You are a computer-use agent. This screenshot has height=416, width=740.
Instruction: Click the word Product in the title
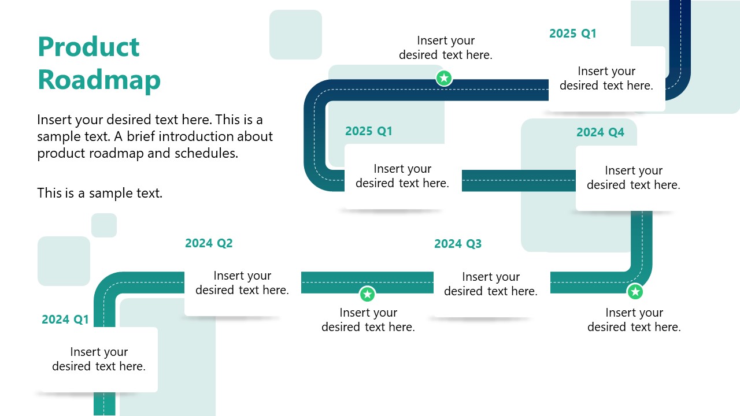pyautogui.click(x=88, y=47)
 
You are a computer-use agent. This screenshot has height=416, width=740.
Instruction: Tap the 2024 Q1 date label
pyautogui.click(x=65, y=320)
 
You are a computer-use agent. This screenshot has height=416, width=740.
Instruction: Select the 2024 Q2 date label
pyautogui.click(x=209, y=243)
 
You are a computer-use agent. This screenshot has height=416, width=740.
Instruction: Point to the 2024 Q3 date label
pyautogui.click(x=458, y=244)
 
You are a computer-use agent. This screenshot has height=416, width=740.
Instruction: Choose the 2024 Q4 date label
pyautogui.click(x=600, y=132)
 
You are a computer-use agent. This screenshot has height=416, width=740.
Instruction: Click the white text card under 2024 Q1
pyautogui.click(x=99, y=359)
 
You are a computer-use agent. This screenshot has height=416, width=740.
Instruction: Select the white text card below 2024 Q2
pyautogui.click(x=242, y=283)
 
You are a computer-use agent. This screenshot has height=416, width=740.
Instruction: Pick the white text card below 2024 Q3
pyautogui.click(x=491, y=284)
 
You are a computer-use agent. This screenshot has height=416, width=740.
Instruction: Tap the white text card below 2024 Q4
pyautogui.click(x=634, y=178)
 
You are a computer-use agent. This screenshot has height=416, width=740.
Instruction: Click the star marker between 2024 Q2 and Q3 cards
pyautogui.click(x=367, y=295)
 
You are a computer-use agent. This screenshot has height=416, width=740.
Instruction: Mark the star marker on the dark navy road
pyautogui.click(x=444, y=78)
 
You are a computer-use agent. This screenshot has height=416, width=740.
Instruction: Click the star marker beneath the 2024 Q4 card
pyautogui.click(x=635, y=292)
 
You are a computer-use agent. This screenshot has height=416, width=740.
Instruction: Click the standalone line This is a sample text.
pyautogui.click(x=100, y=193)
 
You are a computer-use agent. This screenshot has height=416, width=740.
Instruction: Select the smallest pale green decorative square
pyautogui.click(x=104, y=225)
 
